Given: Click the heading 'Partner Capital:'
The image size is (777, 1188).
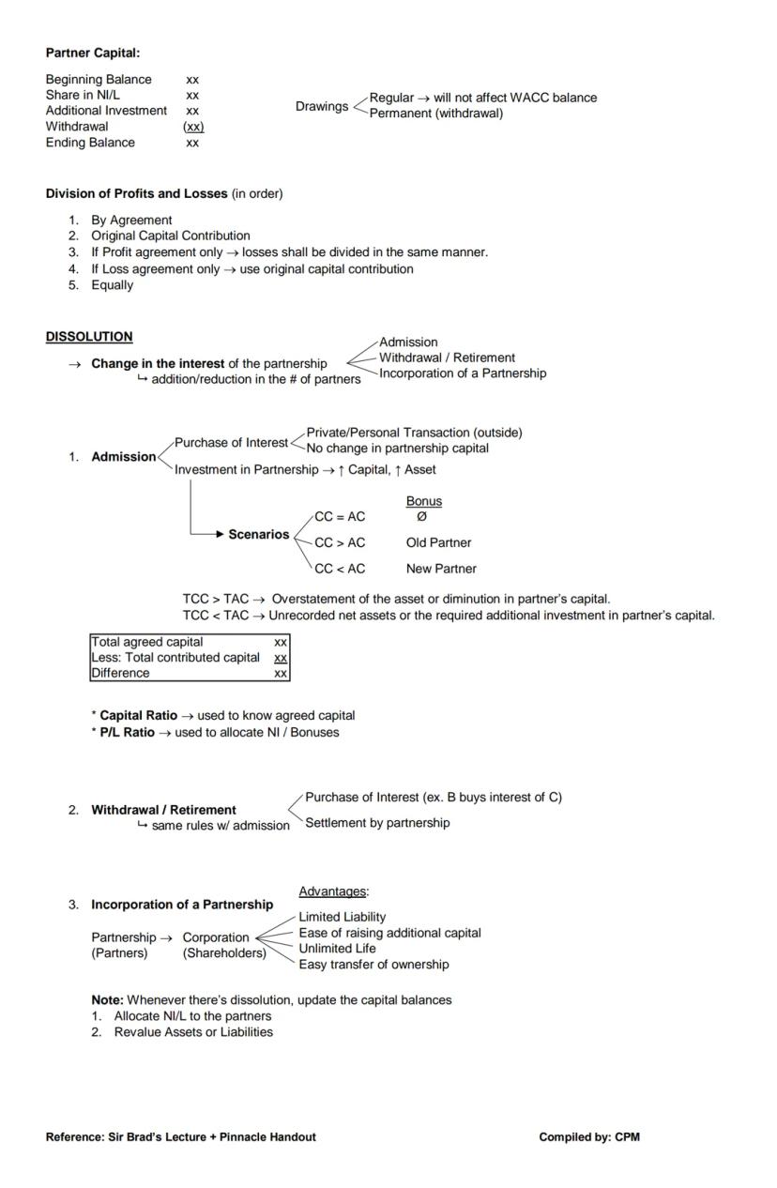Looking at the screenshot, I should (x=92, y=53).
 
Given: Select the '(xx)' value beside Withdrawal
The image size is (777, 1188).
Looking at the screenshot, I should (x=192, y=127).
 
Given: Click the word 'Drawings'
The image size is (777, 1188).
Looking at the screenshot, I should (x=321, y=106).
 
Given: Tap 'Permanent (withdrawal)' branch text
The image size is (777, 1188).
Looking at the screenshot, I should (x=435, y=114).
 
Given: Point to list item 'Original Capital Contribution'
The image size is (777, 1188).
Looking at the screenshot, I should (x=170, y=236).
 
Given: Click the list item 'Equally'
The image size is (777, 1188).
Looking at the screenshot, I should (x=112, y=285).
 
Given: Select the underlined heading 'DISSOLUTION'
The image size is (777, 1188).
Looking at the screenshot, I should (x=89, y=336).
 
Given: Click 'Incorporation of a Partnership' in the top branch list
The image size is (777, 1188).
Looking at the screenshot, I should (x=462, y=373).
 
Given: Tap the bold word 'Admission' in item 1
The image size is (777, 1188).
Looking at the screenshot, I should (x=123, y=457).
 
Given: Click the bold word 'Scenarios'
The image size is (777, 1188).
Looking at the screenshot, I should (x=258, y=534).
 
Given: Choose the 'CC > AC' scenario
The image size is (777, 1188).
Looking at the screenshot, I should (x=340, y=542).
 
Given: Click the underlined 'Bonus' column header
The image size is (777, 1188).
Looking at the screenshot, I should (x=423, y=501).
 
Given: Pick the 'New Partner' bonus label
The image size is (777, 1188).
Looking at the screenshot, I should (x=441, y=569).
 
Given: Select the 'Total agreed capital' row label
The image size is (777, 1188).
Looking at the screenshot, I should (x=146, y=642).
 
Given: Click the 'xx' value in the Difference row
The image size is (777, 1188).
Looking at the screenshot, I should (x=280, y=673).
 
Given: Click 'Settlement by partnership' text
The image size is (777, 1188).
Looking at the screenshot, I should (x=377, y=823).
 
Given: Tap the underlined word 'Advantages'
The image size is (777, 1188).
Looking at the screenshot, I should (x=332, y=891).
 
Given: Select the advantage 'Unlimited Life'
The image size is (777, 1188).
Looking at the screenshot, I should (x=337, y=948).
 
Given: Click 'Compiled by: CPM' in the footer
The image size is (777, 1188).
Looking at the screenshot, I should (x=588, y=1136).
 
